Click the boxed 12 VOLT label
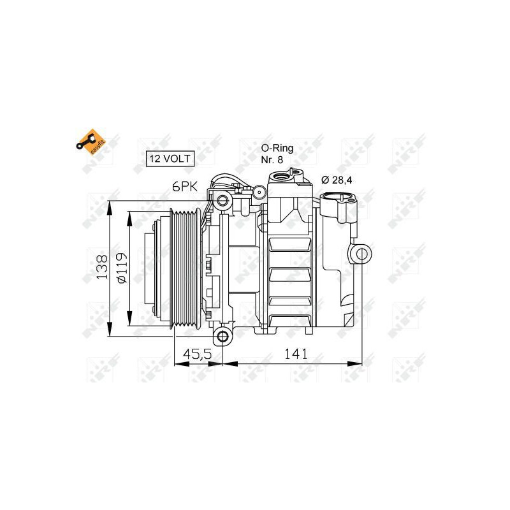click(x=170, y=159)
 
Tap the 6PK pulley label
click(x=184, y=187)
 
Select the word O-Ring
click(x=277, y=148)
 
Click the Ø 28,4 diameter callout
click(x=337, y=180)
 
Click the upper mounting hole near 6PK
click(x=222, y=201)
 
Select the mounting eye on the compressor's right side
click(x=361, y=254)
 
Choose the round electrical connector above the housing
click(x=260, y=192)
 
